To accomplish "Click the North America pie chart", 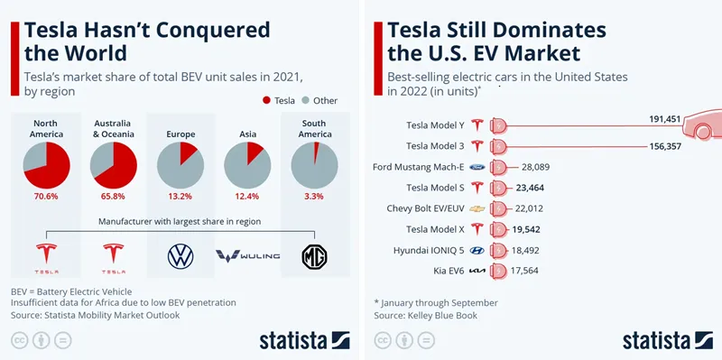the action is coord(47,165).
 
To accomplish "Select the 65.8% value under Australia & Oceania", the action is coord(114,196).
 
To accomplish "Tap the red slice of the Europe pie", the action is coord(188,152).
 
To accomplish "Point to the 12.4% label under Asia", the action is coord(247,196).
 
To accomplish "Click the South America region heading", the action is coord(314,129).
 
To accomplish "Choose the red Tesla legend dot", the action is coord(266,100).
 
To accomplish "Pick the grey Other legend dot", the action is coord(305,100).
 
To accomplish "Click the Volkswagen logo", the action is coord(180,256).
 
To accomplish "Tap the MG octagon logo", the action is coord(314,257).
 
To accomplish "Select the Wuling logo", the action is coord(247,256).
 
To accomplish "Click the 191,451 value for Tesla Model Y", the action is coord(665,119).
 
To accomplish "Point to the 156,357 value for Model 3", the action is coord(665,147).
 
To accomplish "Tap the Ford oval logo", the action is coord(477,167).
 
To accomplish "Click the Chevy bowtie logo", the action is coord(477,209).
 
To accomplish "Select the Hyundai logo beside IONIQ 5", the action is coord(477,251).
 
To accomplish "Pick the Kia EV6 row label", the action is coord(449,272).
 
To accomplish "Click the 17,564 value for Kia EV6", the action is coord(524,271).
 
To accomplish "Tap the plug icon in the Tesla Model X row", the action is coord(498,229).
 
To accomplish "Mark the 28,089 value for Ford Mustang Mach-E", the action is coord(535,167).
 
